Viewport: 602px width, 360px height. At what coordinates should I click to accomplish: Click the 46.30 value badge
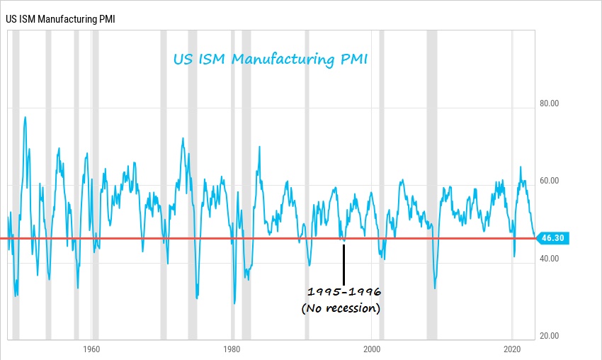coord(553,238)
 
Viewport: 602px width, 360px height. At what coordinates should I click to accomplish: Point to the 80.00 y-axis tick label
coord(550,103)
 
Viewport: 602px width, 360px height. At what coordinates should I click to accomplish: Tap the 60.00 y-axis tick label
coord(550,181)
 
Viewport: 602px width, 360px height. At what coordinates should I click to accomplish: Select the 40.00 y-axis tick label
coord(550,259)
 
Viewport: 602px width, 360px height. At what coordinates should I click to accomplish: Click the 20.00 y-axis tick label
coord(550,336)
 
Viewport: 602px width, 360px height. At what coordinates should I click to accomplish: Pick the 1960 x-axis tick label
coord(91,349)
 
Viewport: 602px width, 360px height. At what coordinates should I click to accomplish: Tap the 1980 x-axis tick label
coord(231,349)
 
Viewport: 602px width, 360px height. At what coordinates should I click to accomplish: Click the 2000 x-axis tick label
coord(372,349)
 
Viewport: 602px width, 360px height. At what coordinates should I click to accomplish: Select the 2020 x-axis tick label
coord(512,349)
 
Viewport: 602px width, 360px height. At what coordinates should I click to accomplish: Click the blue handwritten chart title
coord(271,60)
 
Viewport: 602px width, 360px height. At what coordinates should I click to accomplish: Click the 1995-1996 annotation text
coord(344,292)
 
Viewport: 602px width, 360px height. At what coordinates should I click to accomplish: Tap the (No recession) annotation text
coord(341,308)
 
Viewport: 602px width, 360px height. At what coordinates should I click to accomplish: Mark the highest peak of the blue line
coord(25,117)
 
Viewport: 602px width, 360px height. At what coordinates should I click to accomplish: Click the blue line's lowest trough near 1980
coord(234,303)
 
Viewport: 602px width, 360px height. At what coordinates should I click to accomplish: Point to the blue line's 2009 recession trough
coord(434,288)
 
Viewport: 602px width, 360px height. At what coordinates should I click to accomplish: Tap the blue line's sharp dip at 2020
coord(513,255)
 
